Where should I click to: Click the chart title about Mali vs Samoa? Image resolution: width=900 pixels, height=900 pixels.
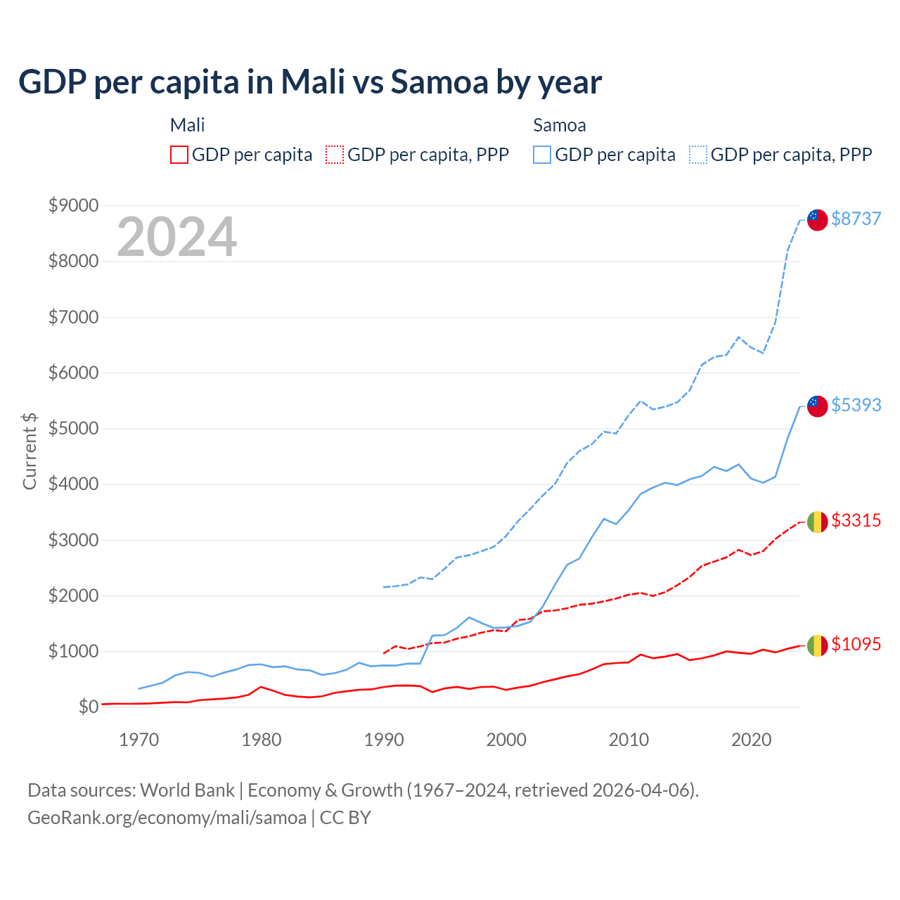(x=310, y=82)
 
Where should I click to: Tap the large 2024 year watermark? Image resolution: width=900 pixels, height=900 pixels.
(x=176, y=237)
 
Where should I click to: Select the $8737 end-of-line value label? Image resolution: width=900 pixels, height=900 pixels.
(x=856, y=219)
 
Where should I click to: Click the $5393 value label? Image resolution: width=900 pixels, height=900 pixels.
(x=856, y=405)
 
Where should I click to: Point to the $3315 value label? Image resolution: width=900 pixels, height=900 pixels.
(x=856, y=520)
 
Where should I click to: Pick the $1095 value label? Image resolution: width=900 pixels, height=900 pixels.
(x=856, y=644)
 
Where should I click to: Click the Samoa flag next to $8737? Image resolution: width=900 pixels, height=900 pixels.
(x=817, y=219)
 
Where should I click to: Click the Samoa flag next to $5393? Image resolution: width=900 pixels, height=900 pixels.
(x=817, y=406)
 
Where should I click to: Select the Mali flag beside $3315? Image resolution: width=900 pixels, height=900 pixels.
(x=817, y=522)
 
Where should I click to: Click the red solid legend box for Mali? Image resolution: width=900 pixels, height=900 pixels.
(x=179, y=155)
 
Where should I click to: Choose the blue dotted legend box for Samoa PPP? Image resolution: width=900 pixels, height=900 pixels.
(x=698, y=155)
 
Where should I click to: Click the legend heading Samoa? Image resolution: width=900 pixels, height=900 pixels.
(x=559, y=125)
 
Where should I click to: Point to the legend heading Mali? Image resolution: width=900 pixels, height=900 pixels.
(x=187, y=125)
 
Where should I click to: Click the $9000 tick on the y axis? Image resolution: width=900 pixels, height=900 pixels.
(x=73, y=205)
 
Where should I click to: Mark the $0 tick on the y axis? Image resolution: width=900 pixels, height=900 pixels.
(x=88, y=707)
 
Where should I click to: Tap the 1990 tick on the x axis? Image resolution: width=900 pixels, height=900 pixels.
(x=384, y=740)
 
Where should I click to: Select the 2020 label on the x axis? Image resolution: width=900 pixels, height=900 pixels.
(x=751, y=740)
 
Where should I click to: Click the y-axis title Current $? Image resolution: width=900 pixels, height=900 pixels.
(x=30, y=451)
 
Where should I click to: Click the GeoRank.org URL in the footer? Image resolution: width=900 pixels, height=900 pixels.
(x=167, y=818)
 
